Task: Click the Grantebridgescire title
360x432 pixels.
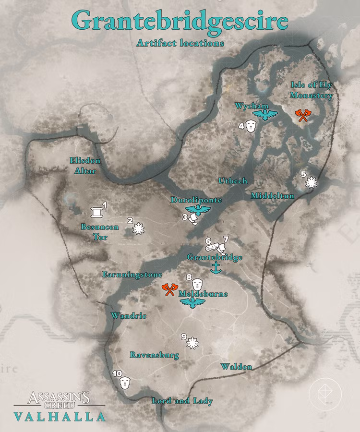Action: (180, 21)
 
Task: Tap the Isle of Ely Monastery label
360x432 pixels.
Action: (312, 90)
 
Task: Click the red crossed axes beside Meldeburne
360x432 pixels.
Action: (168, 289)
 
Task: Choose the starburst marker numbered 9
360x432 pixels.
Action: (192, 343)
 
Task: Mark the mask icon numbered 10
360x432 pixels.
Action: (125, 383)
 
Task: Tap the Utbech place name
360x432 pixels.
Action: (233, 181)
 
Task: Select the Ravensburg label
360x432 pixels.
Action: (155, 355)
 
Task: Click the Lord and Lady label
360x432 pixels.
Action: (182, 401)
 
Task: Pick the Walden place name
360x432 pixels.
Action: (236, 367)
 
